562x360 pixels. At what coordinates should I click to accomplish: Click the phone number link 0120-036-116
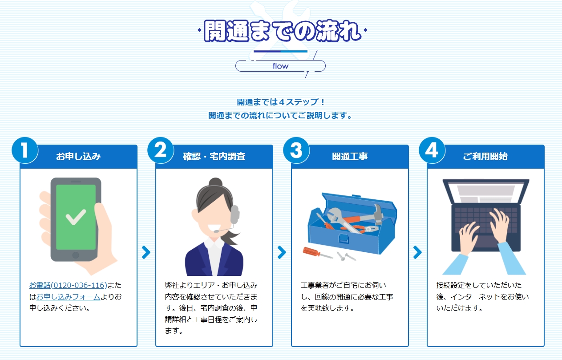pos(68,285)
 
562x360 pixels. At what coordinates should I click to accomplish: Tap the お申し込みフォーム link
pos(68,297)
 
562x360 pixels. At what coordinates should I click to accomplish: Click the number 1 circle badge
pos(25,150)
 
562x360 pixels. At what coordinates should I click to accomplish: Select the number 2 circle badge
pos(161,150)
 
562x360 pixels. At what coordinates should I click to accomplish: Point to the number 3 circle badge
pos(296,150)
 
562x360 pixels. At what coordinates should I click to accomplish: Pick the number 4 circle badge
pos(432,150)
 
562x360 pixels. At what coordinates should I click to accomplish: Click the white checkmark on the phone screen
pos(76,217)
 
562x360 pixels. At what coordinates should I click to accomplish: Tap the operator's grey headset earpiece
pos(235,214)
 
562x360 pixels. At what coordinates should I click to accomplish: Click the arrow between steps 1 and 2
pos(146,252)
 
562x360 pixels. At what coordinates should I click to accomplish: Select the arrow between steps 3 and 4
pos(417,252)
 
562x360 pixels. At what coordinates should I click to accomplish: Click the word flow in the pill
pos(280,66)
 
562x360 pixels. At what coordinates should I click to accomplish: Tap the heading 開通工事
pos(350,156)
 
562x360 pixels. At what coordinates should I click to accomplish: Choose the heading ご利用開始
pos(485,156)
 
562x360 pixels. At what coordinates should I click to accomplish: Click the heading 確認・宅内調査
pos(214,156)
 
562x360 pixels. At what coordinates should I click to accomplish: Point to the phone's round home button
pos(76,255)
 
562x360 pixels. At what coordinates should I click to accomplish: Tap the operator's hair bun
pos(215,182)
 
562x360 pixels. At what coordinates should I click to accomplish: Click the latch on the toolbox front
pos(343,239)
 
